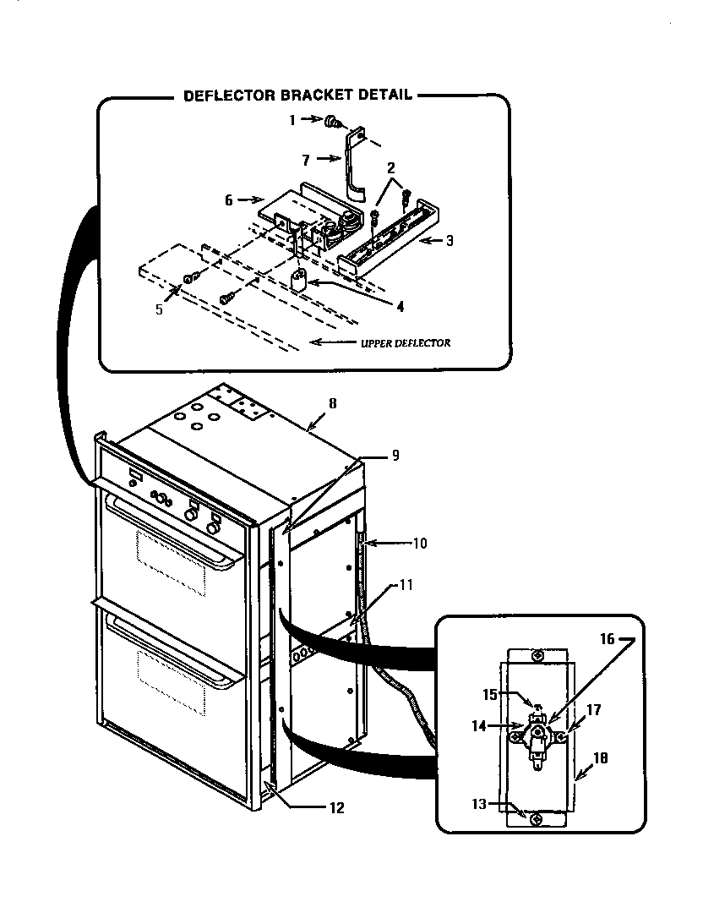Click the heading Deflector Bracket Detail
(x=297, y=96)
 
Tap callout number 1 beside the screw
(x=292, y=121)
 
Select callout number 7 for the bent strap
(x=308, y=159)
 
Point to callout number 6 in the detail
(x=228, y=200)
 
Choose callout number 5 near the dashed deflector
(x=159, y=309)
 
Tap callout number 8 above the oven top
(x=332, y=403)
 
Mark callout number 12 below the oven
(x=336, y=807)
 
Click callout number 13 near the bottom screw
(x=480, y=803)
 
